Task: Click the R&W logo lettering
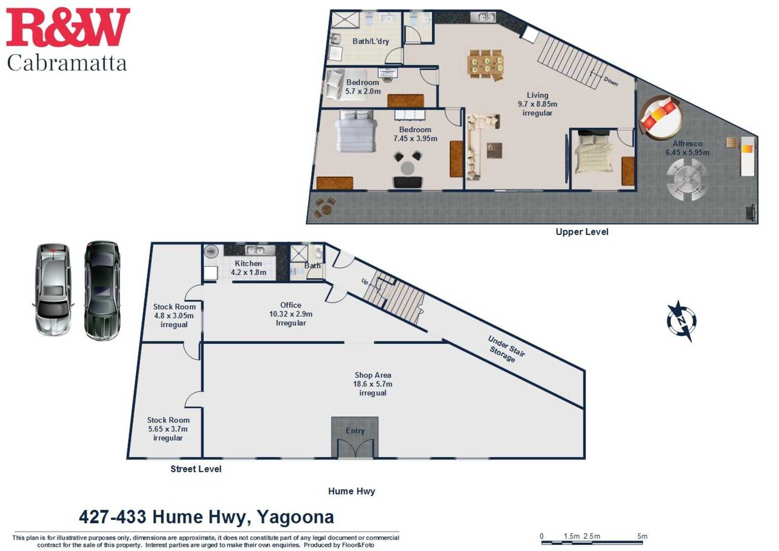coord(68,28)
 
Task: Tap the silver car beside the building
coord(53,289)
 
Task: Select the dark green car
coord(103,290)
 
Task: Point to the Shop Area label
coord(373,384)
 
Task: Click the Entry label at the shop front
coord(355,431)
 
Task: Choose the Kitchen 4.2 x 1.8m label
coord(248,268)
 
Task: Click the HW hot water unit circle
coord(211,251)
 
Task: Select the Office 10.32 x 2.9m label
coord(290,314)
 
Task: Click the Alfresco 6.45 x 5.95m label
coord(688,148)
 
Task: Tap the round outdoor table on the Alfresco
coord(687,179)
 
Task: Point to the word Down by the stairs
coord(611,81)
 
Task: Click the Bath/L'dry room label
coord(371,41)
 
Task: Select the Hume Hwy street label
coord(351,491)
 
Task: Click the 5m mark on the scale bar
coord(642,536)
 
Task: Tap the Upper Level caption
coord(581,232)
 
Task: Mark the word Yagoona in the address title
coord(295,517)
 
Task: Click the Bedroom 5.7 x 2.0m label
coord(363,87)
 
